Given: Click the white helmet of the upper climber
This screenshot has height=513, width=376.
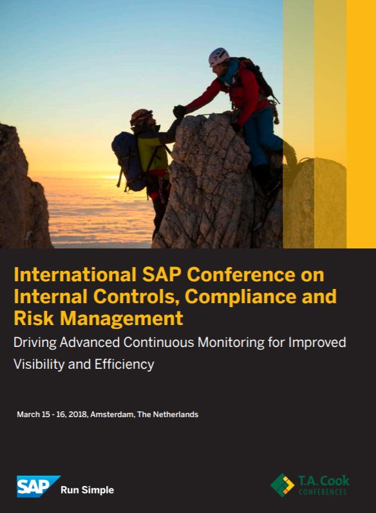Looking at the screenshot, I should tap(219, 57).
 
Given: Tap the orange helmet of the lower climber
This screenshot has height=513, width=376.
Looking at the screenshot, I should tap(140, 116).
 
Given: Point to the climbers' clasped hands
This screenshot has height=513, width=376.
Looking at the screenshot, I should tap(179, 111).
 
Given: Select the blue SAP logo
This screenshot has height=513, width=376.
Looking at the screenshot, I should tap(37, 487).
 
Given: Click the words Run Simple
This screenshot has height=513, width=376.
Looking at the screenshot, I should tap(87, 490).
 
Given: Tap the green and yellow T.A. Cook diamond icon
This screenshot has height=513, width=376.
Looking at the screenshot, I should tap(281, 485).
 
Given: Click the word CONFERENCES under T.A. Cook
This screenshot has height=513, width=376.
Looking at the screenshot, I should tap(322, 492).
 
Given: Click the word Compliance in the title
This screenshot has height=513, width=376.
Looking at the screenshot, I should tap(242, 297).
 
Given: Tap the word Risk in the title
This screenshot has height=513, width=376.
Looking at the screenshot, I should tap(30, 318).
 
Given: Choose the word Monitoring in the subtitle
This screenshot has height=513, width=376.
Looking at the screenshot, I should tap(202, 342).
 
